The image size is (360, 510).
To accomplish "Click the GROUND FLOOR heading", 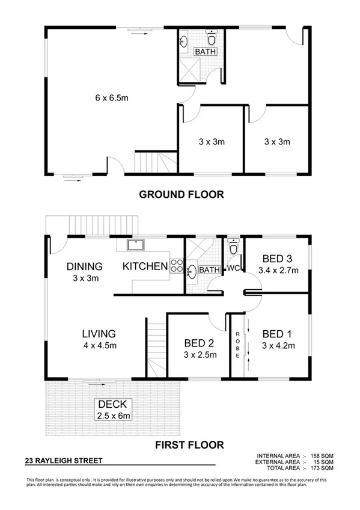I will point(182,194).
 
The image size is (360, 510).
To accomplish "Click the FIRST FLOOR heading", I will point(189,445).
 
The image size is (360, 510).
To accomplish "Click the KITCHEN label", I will point(145,266).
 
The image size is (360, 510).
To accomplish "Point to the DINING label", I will point(84,266).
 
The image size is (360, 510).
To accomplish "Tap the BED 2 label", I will point(199,343).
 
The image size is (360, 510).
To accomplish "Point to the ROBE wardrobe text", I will point(239,345).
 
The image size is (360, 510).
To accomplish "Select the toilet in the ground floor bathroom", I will point(210,40).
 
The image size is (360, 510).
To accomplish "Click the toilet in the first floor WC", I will point(234,246).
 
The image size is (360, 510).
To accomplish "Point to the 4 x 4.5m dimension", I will point(99,346).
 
